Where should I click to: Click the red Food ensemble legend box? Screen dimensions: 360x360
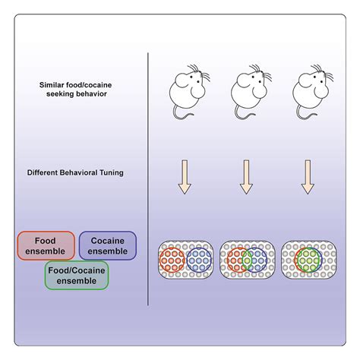[x=46, y=245]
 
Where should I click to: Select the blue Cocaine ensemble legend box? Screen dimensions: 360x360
[x=107, y=245]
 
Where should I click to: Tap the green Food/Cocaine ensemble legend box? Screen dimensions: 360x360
[x=76, y=275]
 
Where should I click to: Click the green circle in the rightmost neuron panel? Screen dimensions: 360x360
[x=307, y=259]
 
